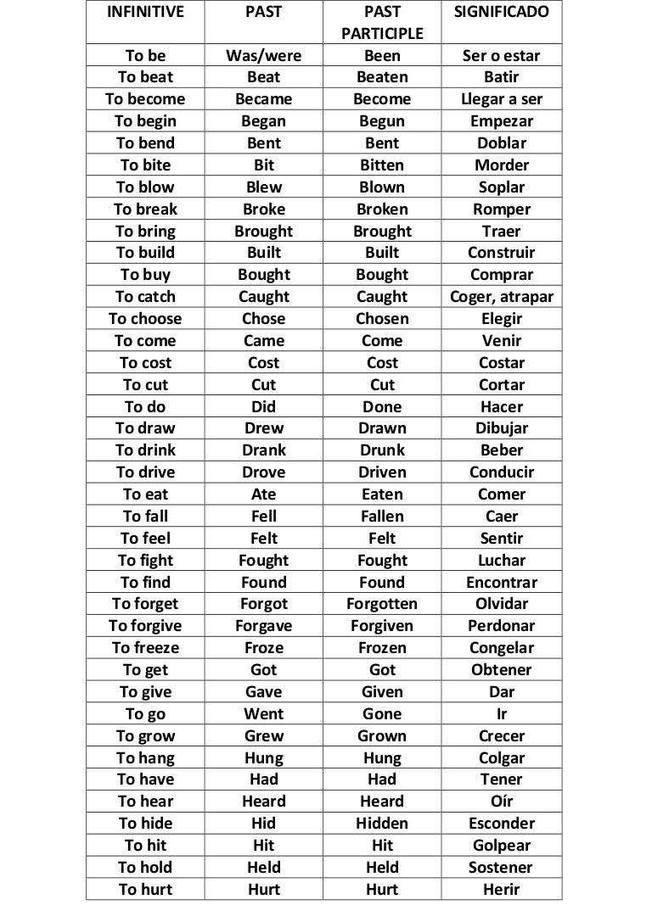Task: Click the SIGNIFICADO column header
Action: tap(502, 13)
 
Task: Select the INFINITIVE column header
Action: tap(145, 13)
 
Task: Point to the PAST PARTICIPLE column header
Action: tap(382, 23)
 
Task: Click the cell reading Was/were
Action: tap(263, 56)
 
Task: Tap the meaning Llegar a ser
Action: tap(502, 99)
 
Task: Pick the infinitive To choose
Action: tap(145, 319)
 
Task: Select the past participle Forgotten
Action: tap(382, 604)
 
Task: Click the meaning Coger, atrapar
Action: tap(502, 297)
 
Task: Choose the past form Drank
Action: tap(263, 450)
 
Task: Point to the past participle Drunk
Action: tap(382, 450)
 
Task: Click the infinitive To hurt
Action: tap(145, 890)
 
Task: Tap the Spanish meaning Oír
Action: tap(502, 802)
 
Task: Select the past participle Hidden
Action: tap(382, 824)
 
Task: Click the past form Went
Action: tap(263, 714)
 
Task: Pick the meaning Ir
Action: tap(502, 714)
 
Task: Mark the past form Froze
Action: tap(263, 648)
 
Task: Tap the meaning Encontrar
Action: tap(502, 583)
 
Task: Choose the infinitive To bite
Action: tap(145, 165)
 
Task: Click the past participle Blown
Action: tap(382, 187)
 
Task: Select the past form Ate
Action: tap(263, 495)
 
